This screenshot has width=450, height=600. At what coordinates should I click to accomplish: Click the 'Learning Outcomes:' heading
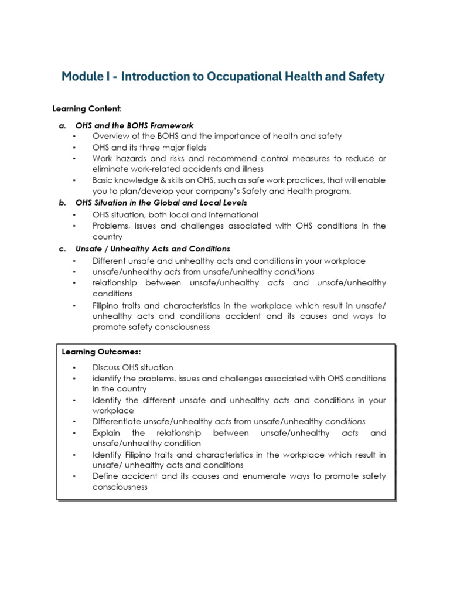click(x=101, y=352)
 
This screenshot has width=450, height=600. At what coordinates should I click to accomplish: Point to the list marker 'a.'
click(x=62, y=125)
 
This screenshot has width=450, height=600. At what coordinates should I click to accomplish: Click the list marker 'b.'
click(x=62, y=203)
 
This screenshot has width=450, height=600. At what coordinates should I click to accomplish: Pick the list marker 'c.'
click(x=62, y=248)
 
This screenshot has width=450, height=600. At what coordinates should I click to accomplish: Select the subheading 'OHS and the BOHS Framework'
click(x=134, y=125)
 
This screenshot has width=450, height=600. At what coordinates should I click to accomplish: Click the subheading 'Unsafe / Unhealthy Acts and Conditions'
click(x=153, y=248)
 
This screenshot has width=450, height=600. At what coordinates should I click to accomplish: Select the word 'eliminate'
click(x=110, y=169)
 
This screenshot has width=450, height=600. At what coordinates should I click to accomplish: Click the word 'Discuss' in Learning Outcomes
click(x=107, y=367)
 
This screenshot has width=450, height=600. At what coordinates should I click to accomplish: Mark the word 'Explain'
click(x=107, y=432)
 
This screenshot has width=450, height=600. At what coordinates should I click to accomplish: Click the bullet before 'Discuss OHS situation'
click(x=75, y=367)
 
